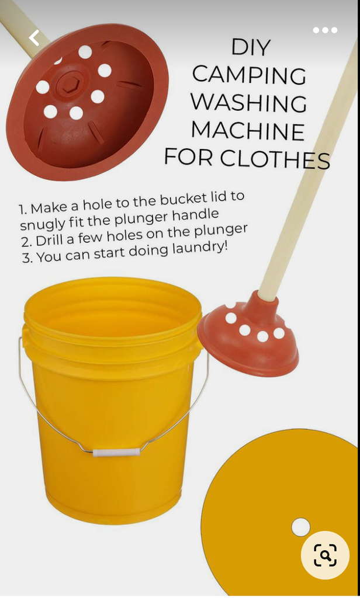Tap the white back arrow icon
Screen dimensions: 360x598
[34, 38]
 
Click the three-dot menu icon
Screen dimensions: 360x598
[326, 30]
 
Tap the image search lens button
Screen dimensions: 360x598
[325, 555]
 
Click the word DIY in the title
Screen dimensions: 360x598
[251, 47]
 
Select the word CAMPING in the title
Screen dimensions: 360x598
[249, 75]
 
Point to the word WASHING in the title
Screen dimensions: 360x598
[248, 102]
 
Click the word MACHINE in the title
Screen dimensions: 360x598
[248, 130]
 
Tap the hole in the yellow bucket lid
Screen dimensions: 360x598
[300, 527]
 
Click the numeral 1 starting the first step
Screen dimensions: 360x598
[22, 210]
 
